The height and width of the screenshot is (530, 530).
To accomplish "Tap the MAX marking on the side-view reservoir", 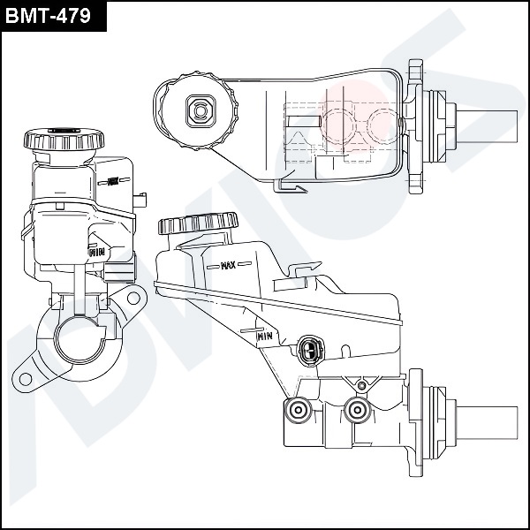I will pos(227,264).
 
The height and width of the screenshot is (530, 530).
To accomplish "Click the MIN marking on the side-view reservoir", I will pos(263,336).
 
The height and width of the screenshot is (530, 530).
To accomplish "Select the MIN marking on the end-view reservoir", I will pos(96,251).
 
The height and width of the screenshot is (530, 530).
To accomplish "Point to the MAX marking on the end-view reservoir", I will pos(112,183).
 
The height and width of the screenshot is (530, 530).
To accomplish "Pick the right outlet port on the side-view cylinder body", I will pos(357,409).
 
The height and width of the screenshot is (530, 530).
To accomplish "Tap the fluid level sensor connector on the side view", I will pos(309,351).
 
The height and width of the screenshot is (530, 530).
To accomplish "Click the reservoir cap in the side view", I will pos(199,223).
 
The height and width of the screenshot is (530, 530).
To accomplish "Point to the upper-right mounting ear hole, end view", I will pos(133,295).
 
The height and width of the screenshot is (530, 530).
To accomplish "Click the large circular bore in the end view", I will pos(79,342).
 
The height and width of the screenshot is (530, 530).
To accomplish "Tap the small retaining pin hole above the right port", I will pos(360,385).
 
